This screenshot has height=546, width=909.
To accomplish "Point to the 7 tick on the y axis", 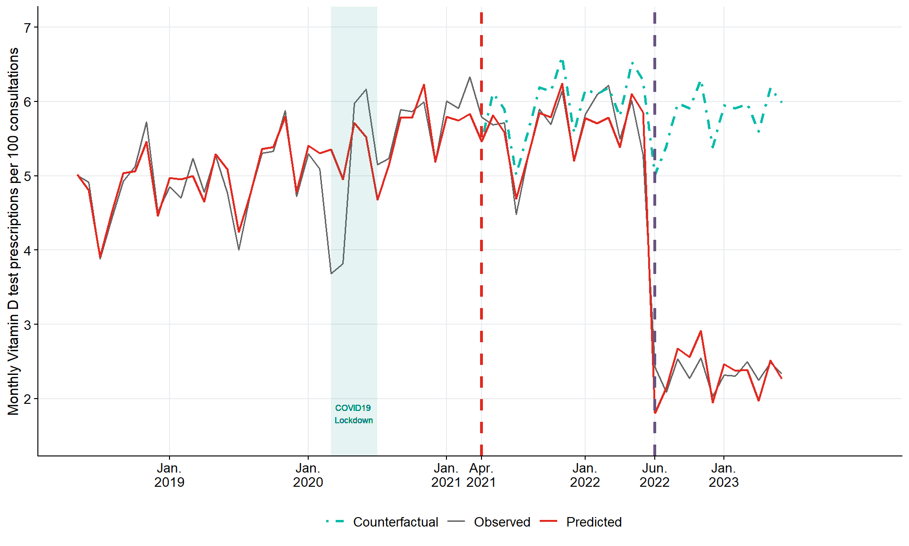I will point(27,27).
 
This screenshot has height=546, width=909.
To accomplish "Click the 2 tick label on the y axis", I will point(27,399).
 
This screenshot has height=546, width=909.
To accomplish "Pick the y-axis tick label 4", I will point(27,250).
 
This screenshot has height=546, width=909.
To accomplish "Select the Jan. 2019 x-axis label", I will point(169,475).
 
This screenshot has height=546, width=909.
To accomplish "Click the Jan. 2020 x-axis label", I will point(308,475).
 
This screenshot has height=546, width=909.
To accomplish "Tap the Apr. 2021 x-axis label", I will point(481,475).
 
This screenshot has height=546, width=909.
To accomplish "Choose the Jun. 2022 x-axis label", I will point(654,475).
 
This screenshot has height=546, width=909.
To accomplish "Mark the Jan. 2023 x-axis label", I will point(723,475).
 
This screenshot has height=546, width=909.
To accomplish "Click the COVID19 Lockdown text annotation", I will point(353,414).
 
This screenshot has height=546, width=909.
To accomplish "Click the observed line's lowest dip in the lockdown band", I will point(331,273).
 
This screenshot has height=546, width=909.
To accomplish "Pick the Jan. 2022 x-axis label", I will point(585,475).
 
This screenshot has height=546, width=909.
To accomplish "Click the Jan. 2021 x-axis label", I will point(446,475).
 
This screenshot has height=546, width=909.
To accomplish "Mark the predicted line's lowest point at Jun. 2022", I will point(655,413).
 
